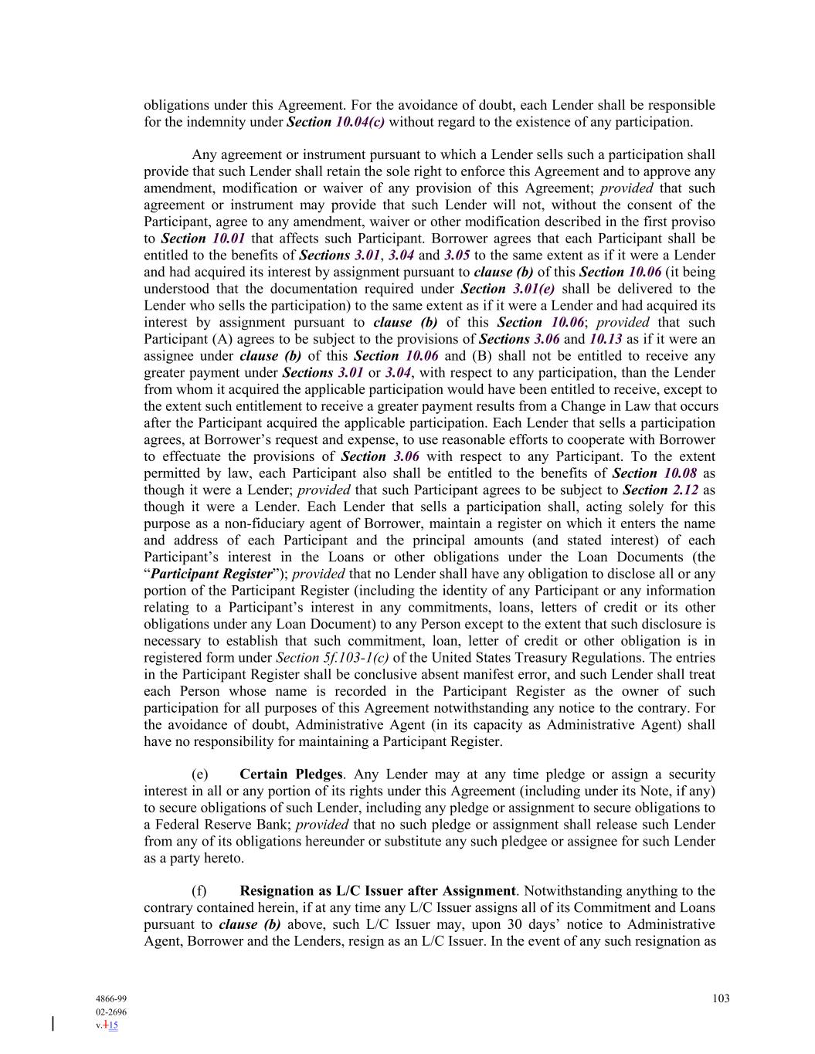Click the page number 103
(x=721, y=998)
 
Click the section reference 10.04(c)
(x=359, y=122)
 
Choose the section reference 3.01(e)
(x=533, y=289)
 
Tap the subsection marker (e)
(x=200, y=774)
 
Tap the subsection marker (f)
(x=199, y=891)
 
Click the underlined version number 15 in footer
(x=113, y=1025)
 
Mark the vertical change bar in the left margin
(x=53, y=1024)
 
